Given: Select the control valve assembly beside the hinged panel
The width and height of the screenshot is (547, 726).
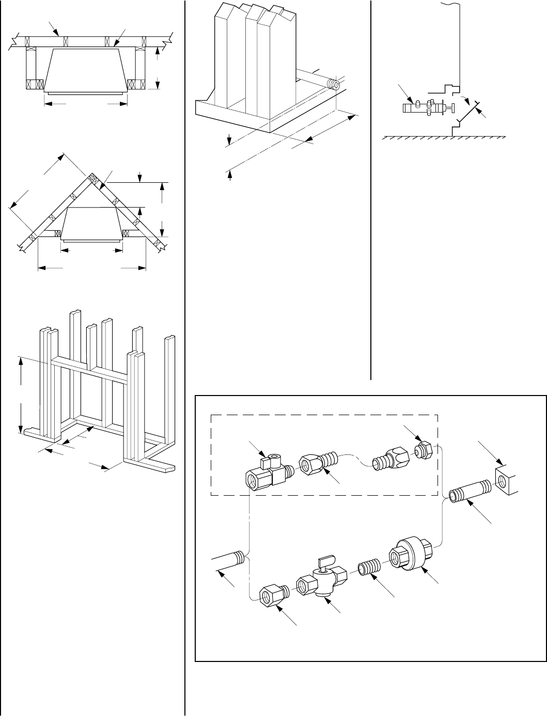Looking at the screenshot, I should pyautogui.click(x=427, y=108).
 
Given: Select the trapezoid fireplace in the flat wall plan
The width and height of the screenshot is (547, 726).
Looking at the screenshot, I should pyautogui.click(x=85, y=70).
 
